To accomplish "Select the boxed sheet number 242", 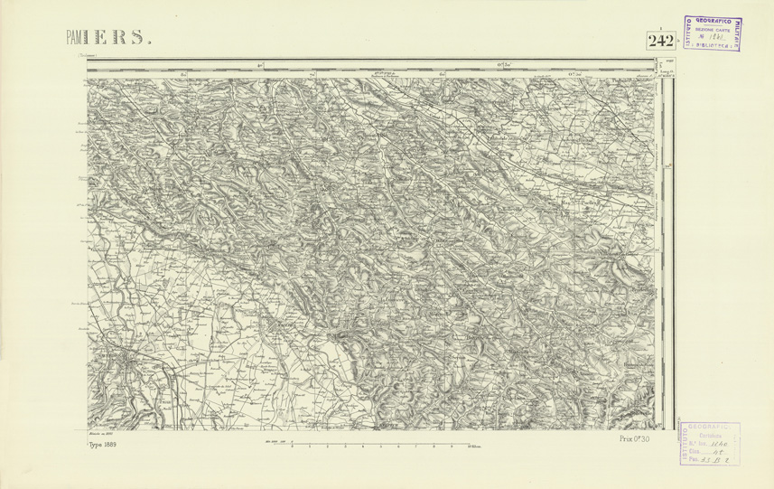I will [x=660, y=42].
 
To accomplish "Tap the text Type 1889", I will [x=103, y=445].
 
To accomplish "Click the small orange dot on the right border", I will [x=667, y=166].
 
